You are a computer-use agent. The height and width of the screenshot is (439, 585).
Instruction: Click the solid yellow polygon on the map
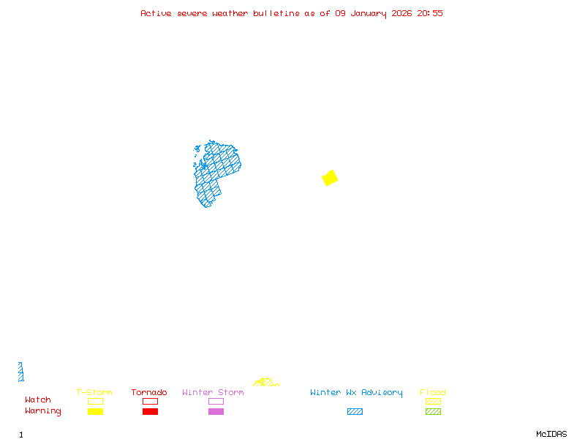pyautogui.click(x=330, y=178)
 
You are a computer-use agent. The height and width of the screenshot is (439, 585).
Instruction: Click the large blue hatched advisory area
pyautogui.click(x=216, y=172)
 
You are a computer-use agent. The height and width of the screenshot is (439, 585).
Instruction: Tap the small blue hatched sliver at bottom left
pyautogui.click(x=21, y=372)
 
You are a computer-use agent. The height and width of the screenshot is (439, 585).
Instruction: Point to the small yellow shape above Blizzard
pyautogui.click(x=265, y=382)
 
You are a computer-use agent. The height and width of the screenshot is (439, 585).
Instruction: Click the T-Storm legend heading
pyautogui.click(x=94, y=393)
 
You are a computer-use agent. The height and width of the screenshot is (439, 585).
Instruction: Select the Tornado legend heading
pyautogui.click(x=149, y=393)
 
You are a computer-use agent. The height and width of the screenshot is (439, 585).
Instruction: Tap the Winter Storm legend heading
pyautogui.click(x=213, y=393)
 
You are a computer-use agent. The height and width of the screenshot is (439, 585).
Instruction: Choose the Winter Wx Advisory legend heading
pyautogui.click(x=356, y=393)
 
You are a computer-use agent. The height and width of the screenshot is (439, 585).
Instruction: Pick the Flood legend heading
pyautogui.click(x=433, y=393)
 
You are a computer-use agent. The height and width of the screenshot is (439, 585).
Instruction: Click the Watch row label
pyautogui.click(x=38, y=400)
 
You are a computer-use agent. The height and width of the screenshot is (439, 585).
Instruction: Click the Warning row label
pyautogui.click(x=43, y=411)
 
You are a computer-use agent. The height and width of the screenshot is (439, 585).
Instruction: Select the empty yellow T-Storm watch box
pyautogui.click(x=95, y=401)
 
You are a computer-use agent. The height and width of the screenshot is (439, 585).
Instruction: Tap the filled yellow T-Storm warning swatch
pyautogui.click(x=95, y=412)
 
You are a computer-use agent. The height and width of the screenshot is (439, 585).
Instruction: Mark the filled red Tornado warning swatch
pyautogui.click(x=150, y=412)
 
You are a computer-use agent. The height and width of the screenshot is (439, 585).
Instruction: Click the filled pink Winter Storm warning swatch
pyautogui.click(x=216, y=412)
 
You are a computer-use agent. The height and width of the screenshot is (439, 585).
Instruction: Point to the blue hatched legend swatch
pyautogui.click(x=355, y=412)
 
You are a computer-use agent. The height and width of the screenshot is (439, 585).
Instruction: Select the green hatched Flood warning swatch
pyautogui.click(x=433, y=412)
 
